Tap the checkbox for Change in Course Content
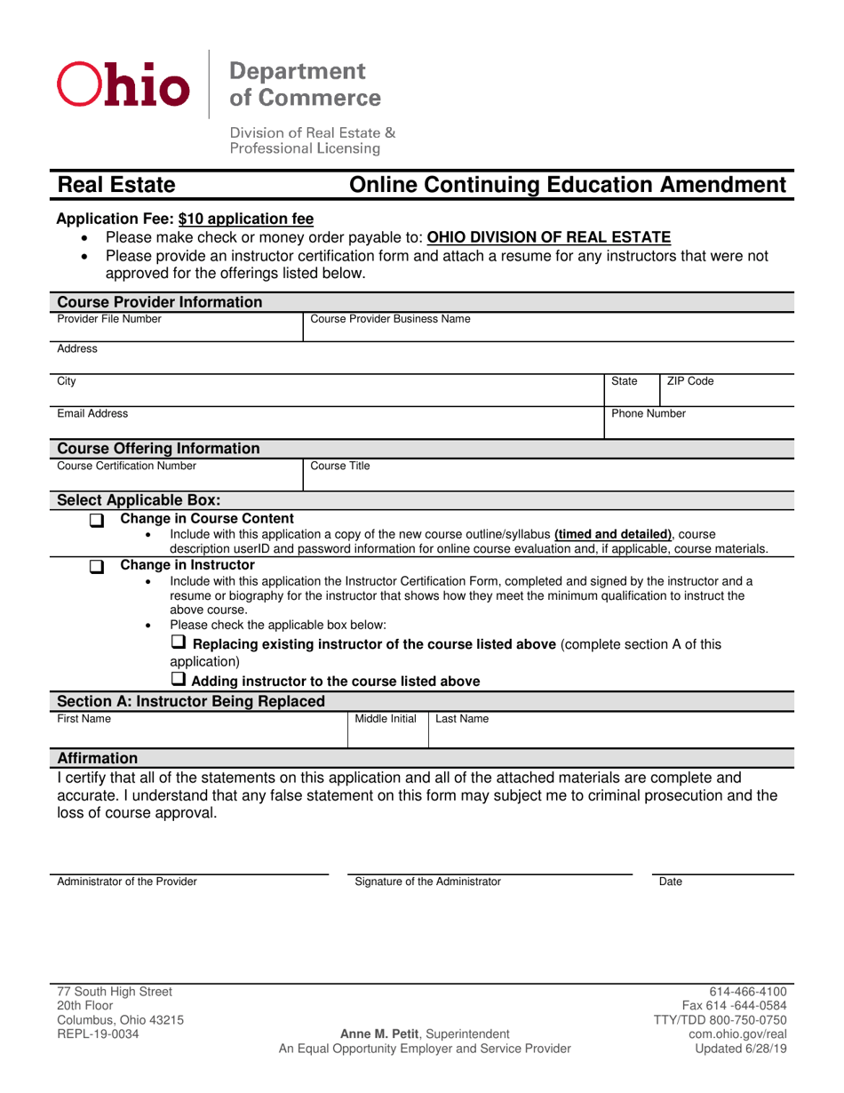(98, 521)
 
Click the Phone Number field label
(649, 413)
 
